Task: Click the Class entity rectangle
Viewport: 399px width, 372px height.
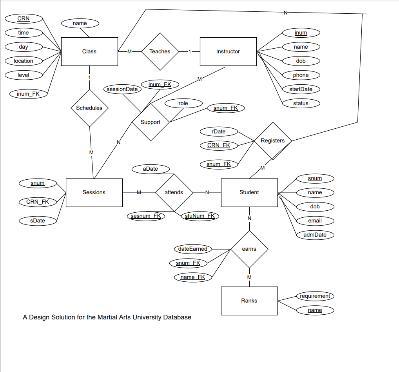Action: pos(89,51)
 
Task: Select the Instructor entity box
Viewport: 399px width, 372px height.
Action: pos(228,51)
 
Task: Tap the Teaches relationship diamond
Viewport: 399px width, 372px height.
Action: pos(160,51)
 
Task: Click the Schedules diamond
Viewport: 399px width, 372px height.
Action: pos(89,108)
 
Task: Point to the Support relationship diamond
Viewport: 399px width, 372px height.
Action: pos(151,122)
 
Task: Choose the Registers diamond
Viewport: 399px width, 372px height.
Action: pos(273,140)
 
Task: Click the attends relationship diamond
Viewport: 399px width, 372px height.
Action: pos(174,192)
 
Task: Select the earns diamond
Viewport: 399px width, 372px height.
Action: pos(249,249)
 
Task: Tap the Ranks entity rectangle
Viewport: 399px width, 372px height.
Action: pos(249,301)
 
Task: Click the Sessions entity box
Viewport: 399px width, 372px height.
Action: pos(94,192)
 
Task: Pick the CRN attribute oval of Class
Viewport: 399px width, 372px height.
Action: pos(24,18)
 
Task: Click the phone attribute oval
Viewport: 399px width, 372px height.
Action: pos(301,75)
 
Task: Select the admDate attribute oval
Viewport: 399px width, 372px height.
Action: pos(315,235)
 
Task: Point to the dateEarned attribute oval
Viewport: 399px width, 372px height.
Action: pos(192,249)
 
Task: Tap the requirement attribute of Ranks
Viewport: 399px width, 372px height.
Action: pos(315,296)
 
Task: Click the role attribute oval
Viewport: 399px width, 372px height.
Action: pos(183,103)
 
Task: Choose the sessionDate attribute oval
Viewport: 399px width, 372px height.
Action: pos(122,89)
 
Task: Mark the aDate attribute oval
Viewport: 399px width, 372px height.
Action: pos(151,169)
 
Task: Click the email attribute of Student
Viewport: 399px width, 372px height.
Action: pos(315,221)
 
